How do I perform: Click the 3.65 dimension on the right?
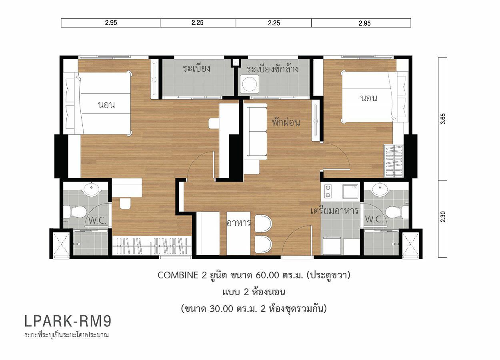click(x=443, y=119)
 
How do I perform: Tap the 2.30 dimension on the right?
click(x=443, y=217)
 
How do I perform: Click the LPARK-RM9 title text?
click(x=68, y=321)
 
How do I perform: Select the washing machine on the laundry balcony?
click(x=249, y=84)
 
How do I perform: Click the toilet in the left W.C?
click(x=75, y=211)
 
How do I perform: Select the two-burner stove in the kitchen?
click(x=328, y=192)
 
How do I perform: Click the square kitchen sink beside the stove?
click(x=350, y=192)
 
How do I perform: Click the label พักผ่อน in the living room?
click(x=286, y=122)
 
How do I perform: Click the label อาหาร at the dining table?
click(x=238, y=223)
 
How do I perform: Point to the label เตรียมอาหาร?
click(x=334, y=210)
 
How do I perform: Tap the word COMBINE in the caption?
click(x=178, y=275)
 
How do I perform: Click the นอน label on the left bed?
click(x=106, y=105)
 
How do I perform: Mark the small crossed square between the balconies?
click(x=236, y=62)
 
